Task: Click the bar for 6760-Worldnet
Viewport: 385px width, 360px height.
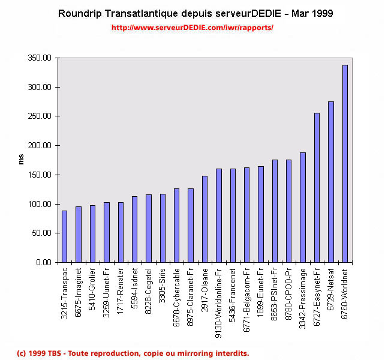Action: click(x=345, y=163)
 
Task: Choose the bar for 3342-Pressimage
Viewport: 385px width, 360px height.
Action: click(x=302, y=208)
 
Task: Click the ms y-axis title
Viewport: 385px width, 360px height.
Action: click(x=21, y=160)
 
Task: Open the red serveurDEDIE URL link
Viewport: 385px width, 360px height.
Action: click(x=192, y=28)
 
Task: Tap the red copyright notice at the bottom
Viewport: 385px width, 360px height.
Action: click(x=133, y=353)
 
